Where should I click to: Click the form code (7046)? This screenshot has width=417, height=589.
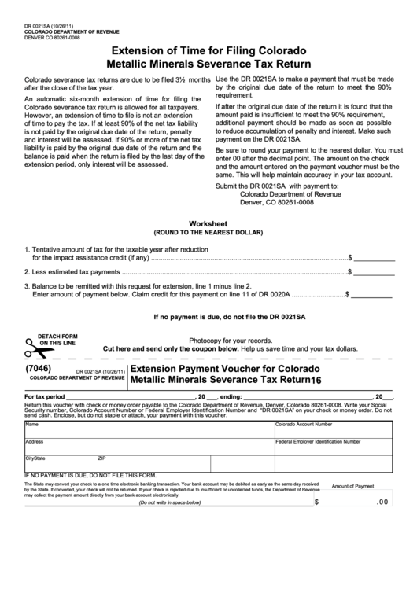point(40,367)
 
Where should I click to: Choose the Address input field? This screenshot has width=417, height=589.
point(148,446)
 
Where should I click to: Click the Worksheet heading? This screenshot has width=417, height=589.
point(208,223)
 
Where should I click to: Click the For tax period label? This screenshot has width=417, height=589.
point(45,397)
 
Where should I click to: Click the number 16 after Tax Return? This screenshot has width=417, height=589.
point(316,381)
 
